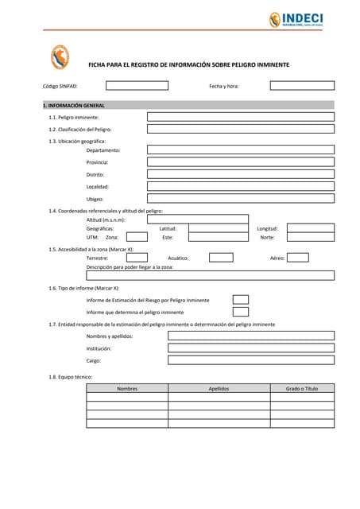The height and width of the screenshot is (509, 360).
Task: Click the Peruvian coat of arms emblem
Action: click(x=60, y=57)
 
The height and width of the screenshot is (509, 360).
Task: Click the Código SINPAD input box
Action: click(x=137, y=86)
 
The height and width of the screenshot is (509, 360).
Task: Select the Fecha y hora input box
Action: click(x=300, y=86)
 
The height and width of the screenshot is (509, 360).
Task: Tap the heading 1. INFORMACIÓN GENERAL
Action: click(x=74, y=105)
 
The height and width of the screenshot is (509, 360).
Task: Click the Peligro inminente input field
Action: click(x=241, y=117)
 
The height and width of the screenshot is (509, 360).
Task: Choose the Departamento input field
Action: click(x=241, y=150)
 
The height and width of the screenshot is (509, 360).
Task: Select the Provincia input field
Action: click(x=241, y=162)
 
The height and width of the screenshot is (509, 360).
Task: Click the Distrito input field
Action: click(x=241, y=174)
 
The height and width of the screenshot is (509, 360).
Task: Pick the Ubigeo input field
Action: click(x=241, y=199)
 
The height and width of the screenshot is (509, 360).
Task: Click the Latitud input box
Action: click(x=218, y=228)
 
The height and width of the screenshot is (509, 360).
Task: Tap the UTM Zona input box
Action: click(x=137, y=237)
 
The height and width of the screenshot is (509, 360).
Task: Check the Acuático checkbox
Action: click(x=221, y=258)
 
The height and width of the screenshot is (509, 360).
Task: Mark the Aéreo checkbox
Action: click(x=298, y=258)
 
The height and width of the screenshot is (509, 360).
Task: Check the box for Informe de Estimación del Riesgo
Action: click(x=240, y=300)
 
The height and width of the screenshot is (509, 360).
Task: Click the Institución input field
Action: click(x=250, y=348)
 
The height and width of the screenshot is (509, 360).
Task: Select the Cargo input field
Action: click(x=250, y=360)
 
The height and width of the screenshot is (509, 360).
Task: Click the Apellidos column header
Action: click(x=219, y=389)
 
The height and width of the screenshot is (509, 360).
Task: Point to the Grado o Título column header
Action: click(x=302, y=389)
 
